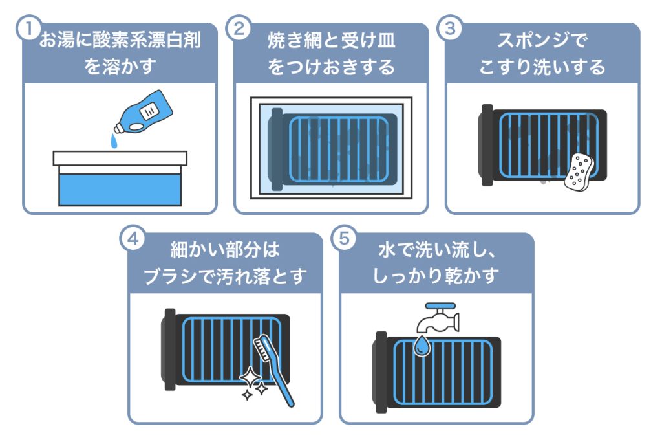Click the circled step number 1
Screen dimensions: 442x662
point(26,28)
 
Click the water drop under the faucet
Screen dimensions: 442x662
point(422,346)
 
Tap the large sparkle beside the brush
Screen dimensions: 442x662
point(250,377)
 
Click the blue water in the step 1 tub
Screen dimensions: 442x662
point(120,188)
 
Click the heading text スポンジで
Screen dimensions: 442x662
point(542,42)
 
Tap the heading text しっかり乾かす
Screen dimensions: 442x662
point(436,276)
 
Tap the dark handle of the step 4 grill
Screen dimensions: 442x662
point(169,349)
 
